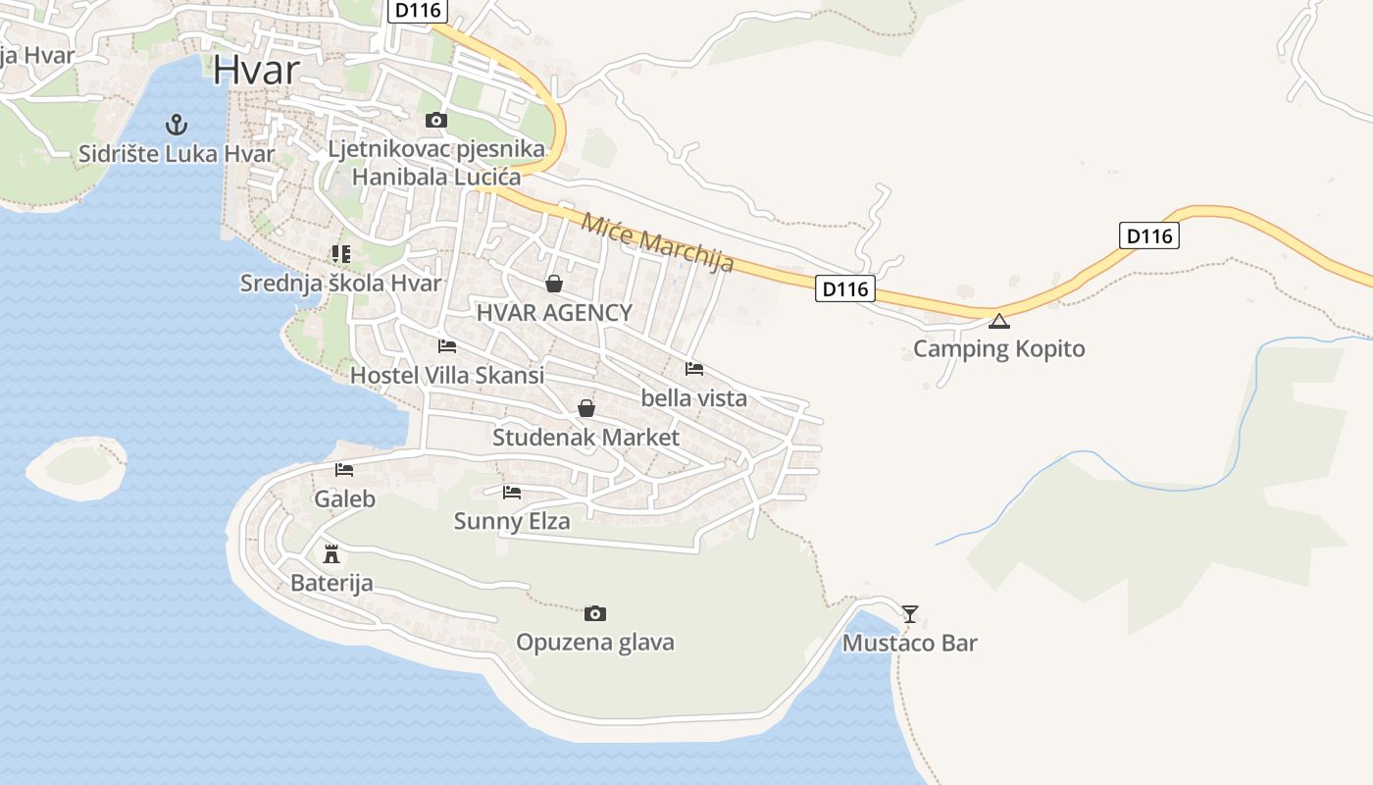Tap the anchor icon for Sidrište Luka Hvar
click(x=177, y=125)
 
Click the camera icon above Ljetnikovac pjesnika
click(x=436, y=121)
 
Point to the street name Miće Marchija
click(x=657, y=241)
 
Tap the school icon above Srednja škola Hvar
click(x=340, y=254)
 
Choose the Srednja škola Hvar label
click(x=340, y=284)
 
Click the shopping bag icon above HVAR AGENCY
click(x=554, y=284)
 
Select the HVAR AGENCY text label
click(x=554, y=313)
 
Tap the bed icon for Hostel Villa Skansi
click(x=447, y=346)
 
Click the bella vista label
click(x=693, y=398)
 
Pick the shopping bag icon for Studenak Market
click(x=586, y=407)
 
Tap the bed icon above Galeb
click(x=343, y=470)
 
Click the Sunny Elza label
click(x=511, y=521)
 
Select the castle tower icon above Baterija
click(x=331, y=553)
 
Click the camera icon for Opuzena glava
click(x=594, y=613)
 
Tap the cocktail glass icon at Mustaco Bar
click(x=910, y=614)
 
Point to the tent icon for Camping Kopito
click(x=998, y=320)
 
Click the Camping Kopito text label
click(x=998, y=349)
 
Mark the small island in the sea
click(x=76, y=466)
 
